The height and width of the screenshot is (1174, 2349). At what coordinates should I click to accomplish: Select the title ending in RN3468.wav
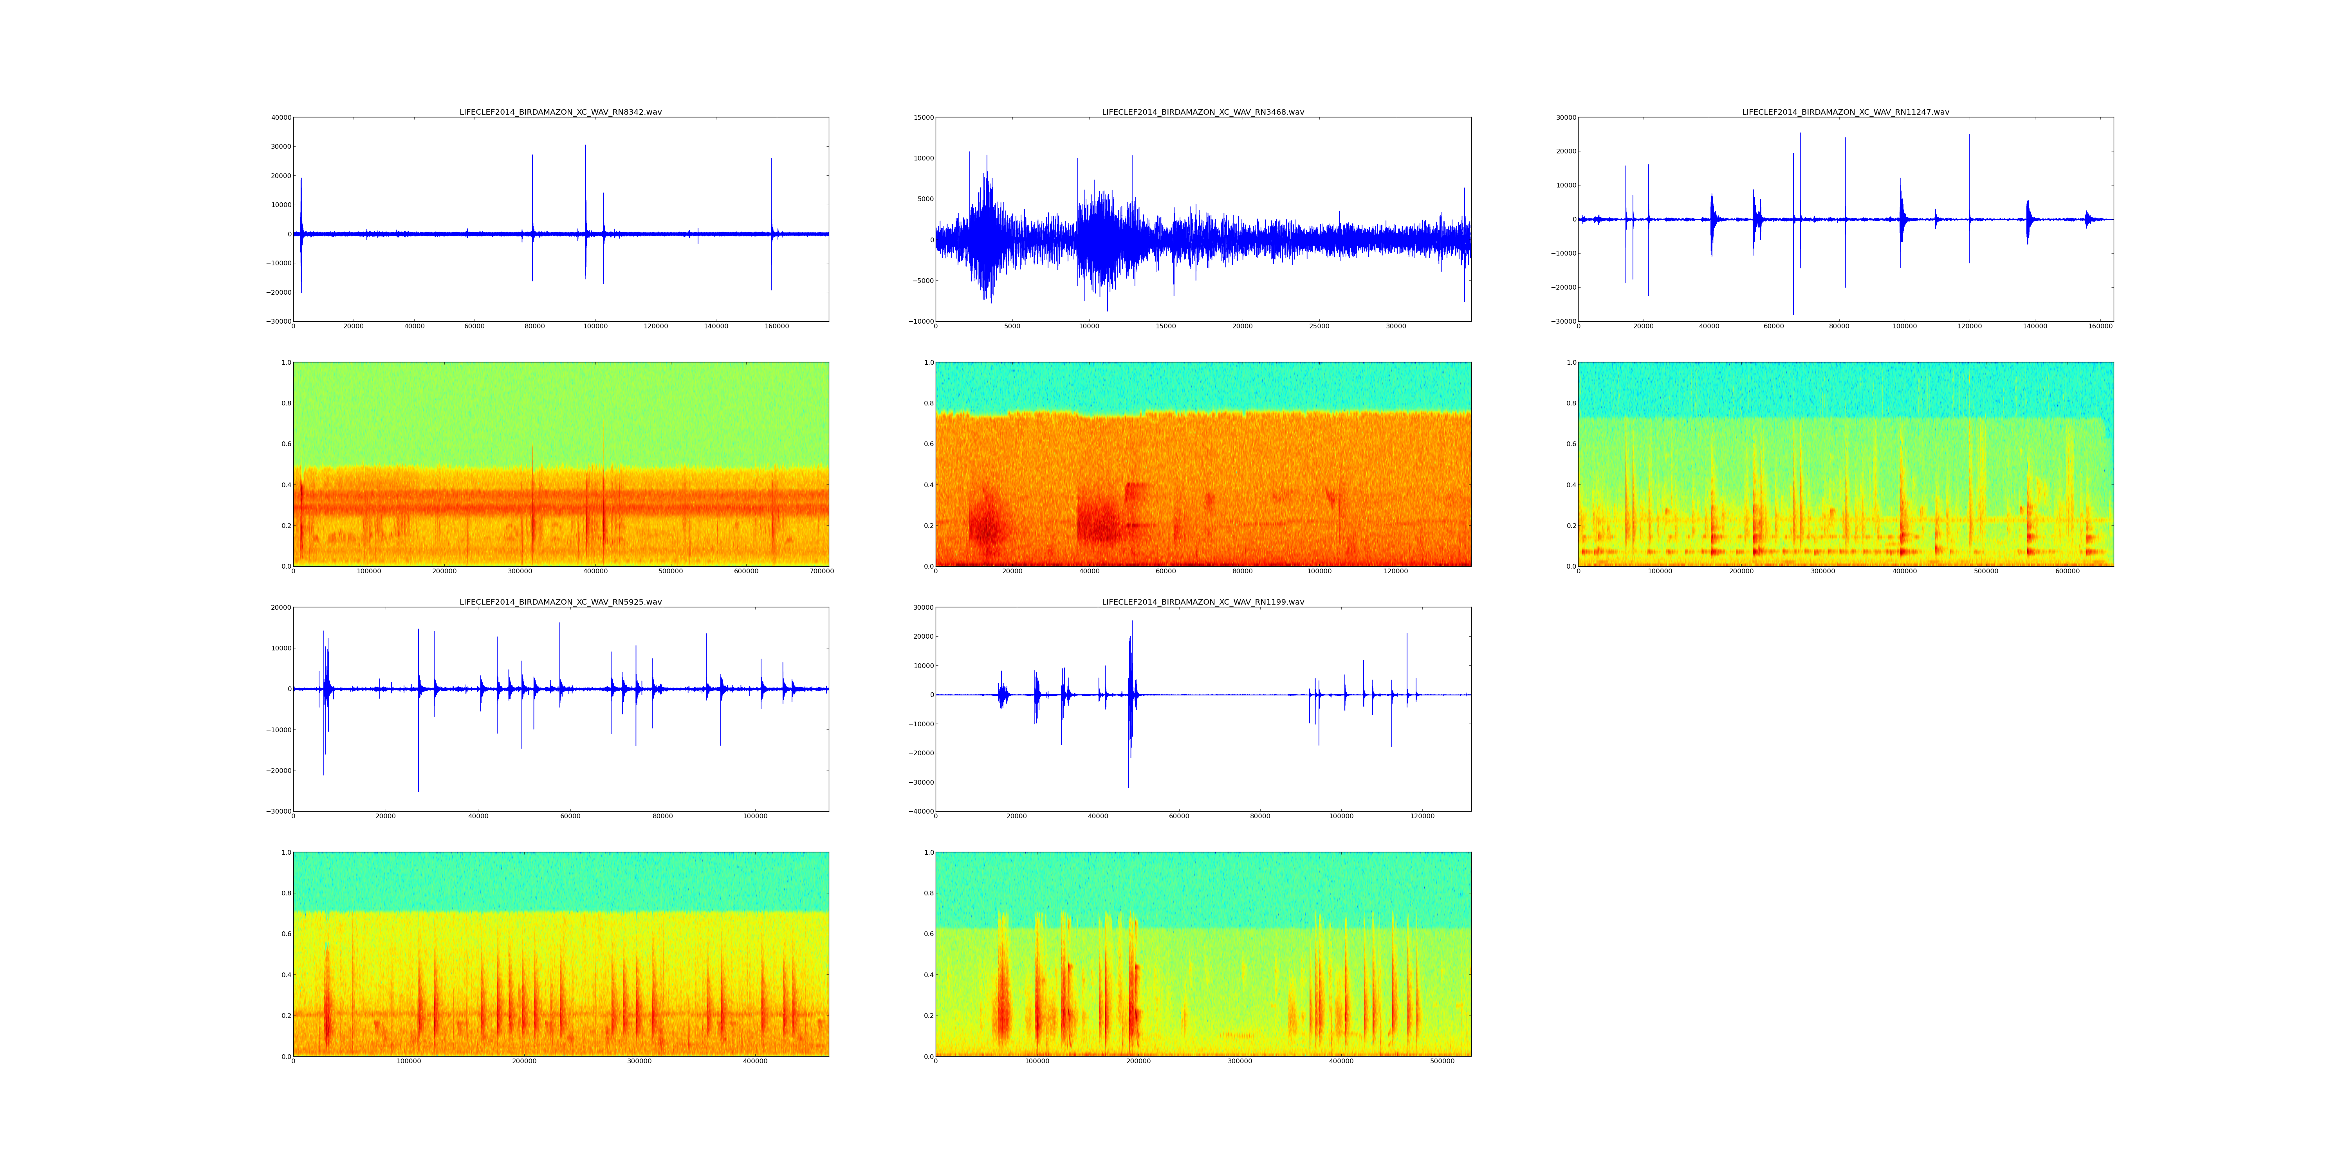pos(1203,112)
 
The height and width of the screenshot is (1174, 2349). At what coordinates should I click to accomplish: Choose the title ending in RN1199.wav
pos(1203,603)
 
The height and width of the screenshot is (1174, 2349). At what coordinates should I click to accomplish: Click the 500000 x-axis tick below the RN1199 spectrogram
pos(1442,1061)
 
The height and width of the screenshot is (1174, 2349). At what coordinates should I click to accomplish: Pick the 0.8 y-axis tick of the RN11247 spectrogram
pos(1570,403)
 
